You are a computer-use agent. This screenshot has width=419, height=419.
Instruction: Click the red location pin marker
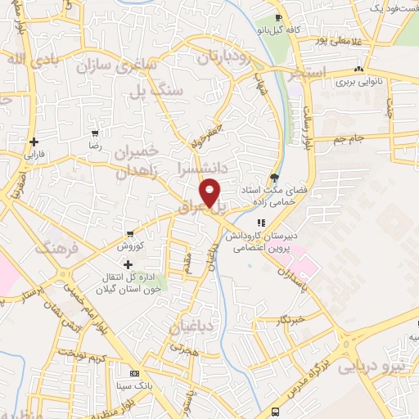211,191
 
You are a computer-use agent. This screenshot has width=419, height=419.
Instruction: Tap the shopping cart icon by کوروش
128,233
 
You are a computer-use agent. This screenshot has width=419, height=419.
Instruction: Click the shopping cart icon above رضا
96,133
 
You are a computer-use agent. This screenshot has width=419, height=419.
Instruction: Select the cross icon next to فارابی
34,142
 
